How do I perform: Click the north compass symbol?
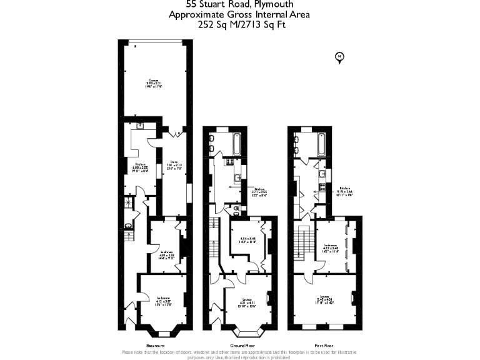coord(339,58)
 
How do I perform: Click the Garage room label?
coord(154,84)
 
